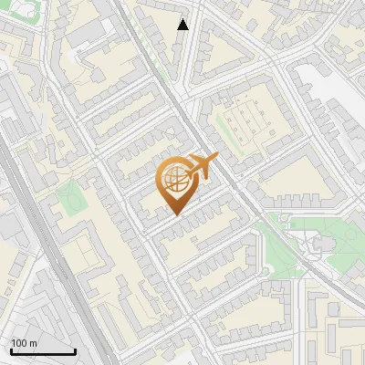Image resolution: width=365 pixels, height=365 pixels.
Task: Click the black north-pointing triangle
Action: coord(183,25)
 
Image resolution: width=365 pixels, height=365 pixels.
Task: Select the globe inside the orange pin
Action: coord(176,180)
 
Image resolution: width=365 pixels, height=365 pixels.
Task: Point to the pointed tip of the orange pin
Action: coord(176,214)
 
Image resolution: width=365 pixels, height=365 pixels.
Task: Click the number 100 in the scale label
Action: coord(18,343)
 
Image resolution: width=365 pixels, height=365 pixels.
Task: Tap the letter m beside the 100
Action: coord(33,343)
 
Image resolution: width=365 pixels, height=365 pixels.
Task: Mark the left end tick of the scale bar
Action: coord(10,350)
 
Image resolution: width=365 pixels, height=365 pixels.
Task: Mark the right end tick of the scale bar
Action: coord(75,350)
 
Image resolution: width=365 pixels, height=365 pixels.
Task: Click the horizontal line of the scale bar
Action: coord(42,351)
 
